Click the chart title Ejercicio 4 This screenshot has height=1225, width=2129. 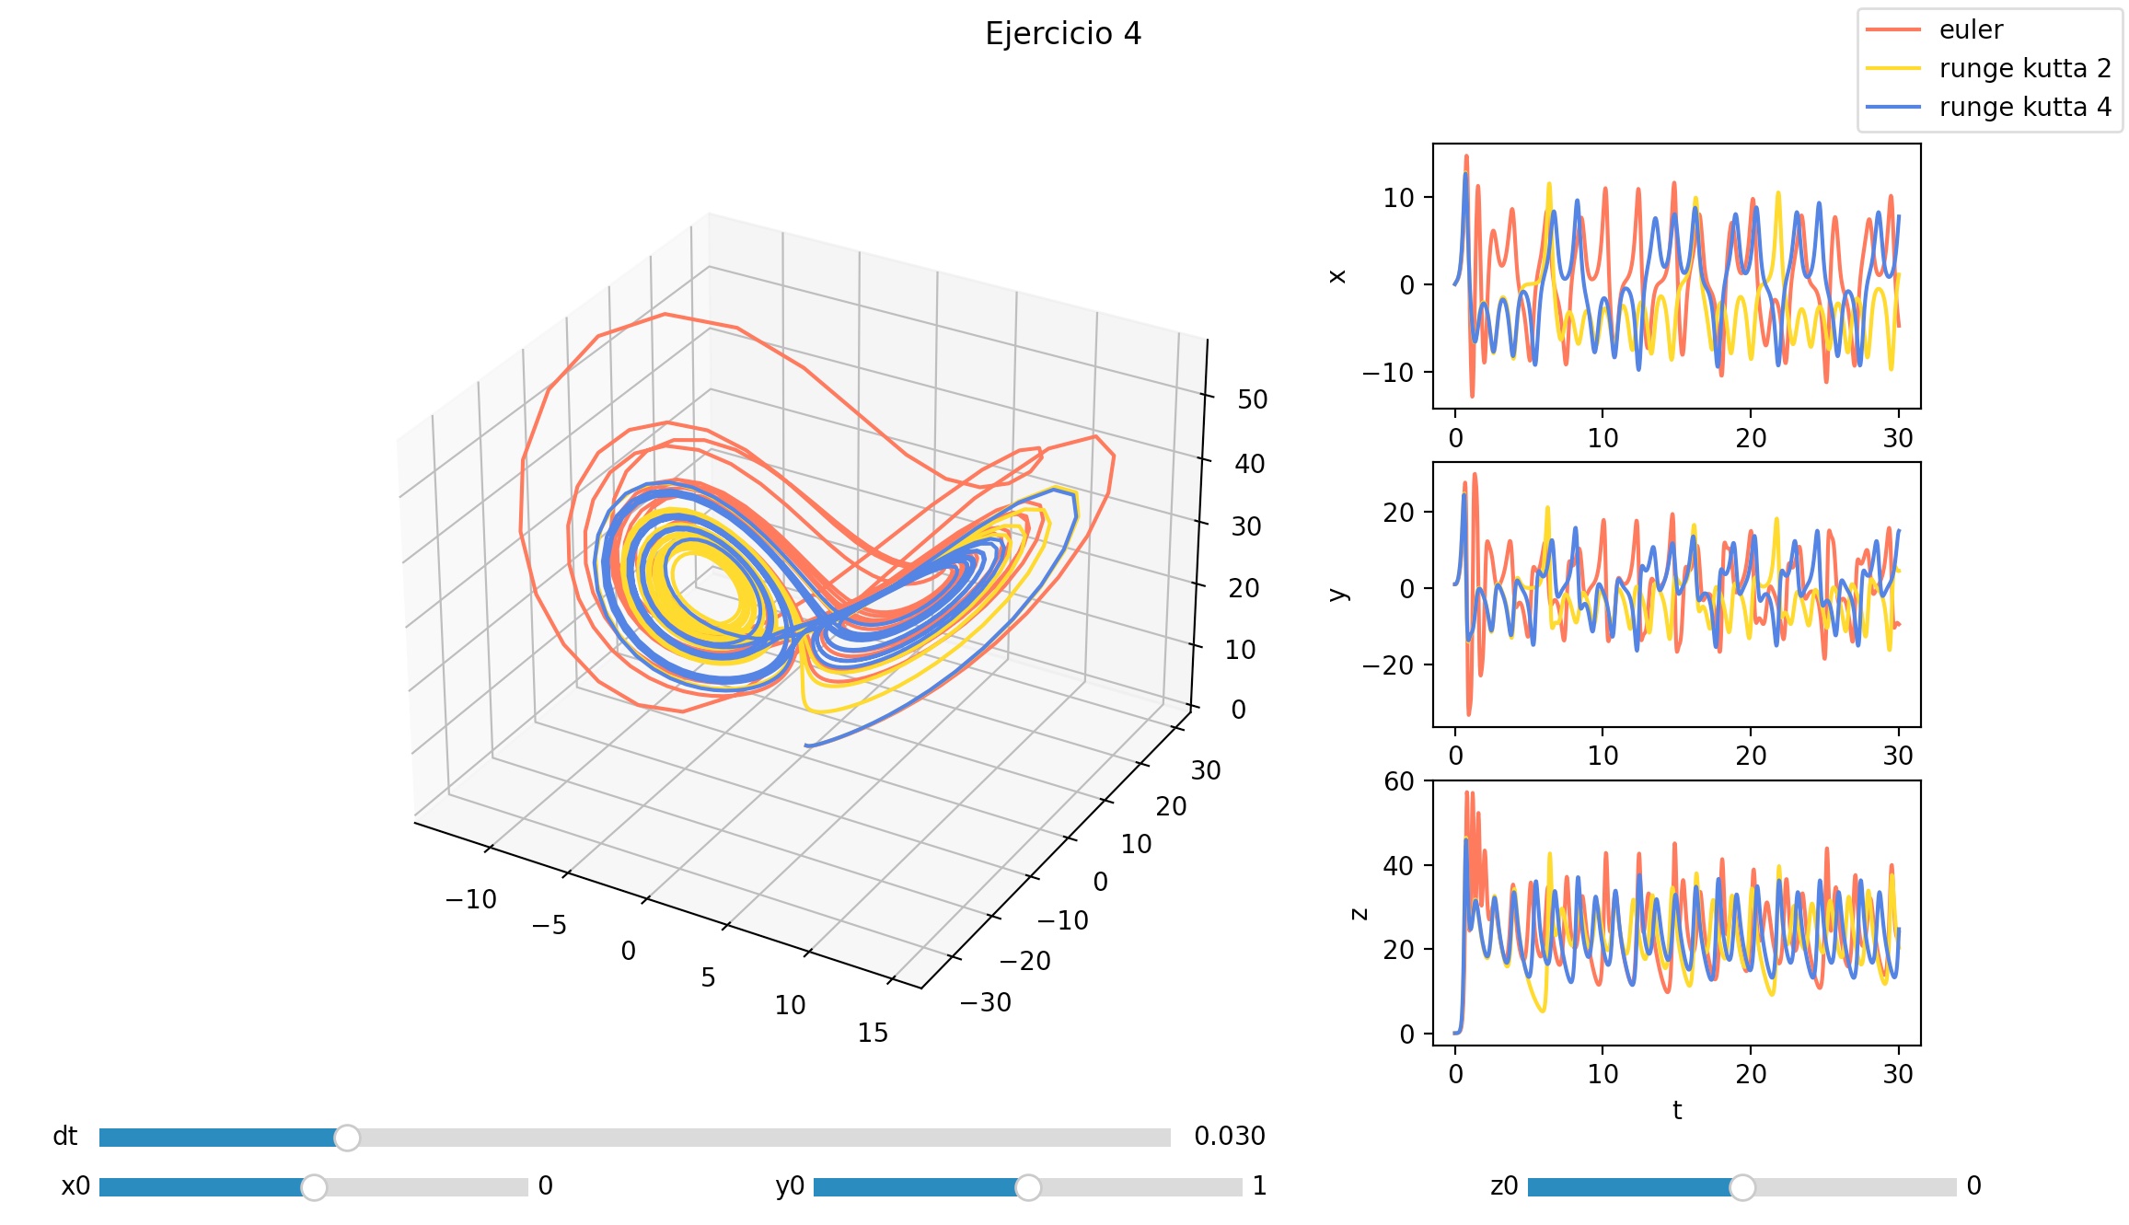(1063, 34)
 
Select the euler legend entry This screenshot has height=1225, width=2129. (1970, 30)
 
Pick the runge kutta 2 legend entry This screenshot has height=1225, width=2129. (2024, 69)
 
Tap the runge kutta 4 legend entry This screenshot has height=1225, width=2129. (2024, 108)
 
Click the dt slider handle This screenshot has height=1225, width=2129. (347, 1138)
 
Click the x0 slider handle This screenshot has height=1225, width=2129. (314, 1187)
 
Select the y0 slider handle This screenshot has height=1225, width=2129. (1028, 1187)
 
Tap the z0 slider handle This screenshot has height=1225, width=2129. (1742, 1187)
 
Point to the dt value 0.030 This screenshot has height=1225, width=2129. (1230, 1137)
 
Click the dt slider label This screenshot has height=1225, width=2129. (65, 1137)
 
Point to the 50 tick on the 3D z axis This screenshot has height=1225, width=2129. (1252, 399)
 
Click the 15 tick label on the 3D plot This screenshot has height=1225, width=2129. (873, 1034)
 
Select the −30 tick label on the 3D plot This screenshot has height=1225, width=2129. (986, 1002)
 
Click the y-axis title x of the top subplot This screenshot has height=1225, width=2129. (1337, 276)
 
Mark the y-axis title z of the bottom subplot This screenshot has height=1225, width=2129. (1359, 914)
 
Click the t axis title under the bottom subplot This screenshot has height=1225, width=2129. (1677, 1111)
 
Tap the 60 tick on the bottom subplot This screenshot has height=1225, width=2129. (1399, 781)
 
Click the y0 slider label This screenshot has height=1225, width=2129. (790, 1186)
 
